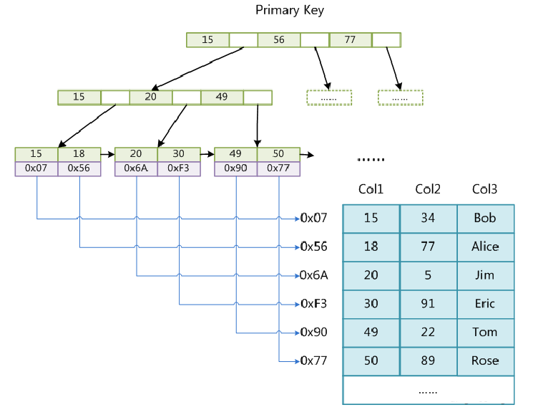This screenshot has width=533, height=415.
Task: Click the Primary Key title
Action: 290,10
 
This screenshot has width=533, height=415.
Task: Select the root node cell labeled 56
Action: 279,40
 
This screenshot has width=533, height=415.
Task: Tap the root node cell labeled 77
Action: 351,40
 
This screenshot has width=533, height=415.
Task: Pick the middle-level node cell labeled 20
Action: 151,97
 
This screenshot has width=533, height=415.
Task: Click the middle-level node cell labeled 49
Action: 223,97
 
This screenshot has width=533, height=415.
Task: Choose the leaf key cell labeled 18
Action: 79,154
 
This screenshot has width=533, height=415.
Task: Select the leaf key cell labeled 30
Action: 179,154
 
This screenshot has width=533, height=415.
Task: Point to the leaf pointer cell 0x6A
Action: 136,168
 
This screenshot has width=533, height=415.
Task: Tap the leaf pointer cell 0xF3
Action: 179,168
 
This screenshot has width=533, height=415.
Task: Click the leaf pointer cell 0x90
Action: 235,168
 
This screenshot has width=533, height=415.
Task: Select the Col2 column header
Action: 428,189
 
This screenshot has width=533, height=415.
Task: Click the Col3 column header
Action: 485,189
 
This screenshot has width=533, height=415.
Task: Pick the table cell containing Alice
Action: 485,247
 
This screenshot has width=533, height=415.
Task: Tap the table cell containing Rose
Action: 485,361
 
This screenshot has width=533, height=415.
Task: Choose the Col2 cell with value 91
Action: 429,305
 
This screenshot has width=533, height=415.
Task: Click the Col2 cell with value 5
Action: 429,276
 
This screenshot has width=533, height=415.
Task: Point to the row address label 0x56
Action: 314,247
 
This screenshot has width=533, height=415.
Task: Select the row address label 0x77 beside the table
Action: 314,361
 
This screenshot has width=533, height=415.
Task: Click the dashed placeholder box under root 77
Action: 401,97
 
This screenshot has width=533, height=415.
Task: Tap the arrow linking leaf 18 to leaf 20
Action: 108,155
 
